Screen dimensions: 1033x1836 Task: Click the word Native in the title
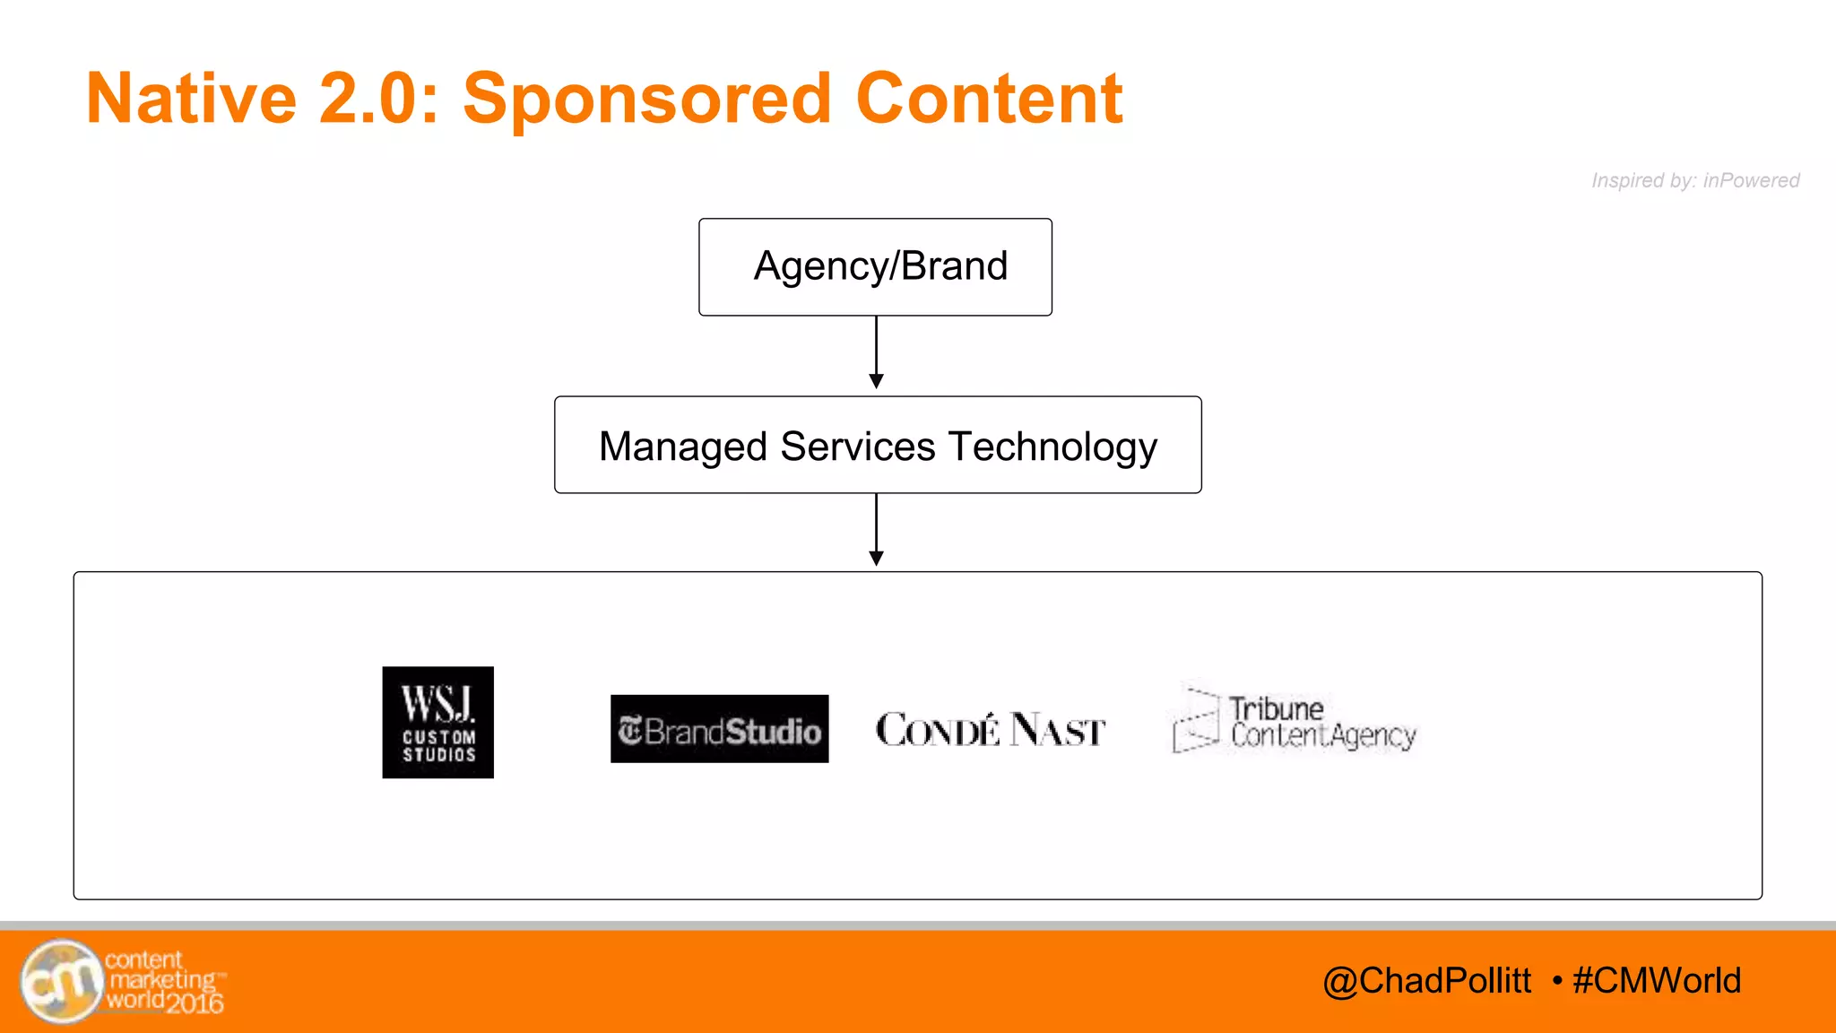coord(191,99)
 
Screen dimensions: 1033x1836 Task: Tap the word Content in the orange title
coord(988,99)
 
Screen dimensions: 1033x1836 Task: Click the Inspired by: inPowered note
coord(1694,180)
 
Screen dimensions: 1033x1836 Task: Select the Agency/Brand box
coord(875,267)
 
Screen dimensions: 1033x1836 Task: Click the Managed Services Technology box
coord(878,446)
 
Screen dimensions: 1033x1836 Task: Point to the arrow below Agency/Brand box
coord(877,352)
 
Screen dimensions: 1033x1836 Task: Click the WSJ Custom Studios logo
coord(437,722)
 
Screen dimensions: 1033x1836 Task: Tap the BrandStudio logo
coord(719,729)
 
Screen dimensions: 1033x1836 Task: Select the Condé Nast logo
coord(990,730)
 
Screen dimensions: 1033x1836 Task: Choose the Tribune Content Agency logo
coord(1294,722)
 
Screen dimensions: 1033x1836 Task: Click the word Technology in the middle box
coord(1052,447)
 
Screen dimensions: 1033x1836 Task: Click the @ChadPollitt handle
coord(1426,981)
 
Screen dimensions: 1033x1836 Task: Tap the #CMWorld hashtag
coord(1657,981)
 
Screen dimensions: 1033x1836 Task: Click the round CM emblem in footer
coord(61,981)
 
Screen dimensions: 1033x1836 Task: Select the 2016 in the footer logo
coord(195,1003)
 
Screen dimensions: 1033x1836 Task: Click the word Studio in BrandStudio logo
coord(773,732)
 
